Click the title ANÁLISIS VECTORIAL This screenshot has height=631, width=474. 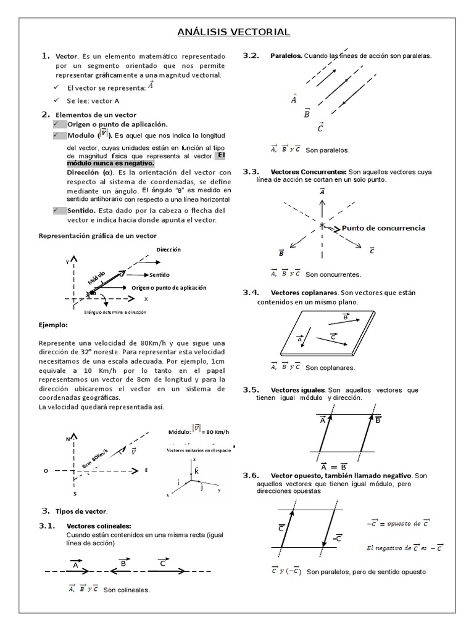(234, 32)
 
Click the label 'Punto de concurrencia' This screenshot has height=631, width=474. (383, 228)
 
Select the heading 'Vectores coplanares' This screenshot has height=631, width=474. (304, 292)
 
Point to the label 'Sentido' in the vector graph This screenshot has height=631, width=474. (159, 275)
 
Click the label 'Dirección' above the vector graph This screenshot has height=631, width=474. (168, 250)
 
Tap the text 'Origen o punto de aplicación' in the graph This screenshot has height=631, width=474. (169, 288)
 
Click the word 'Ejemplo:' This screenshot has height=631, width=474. (54, 324)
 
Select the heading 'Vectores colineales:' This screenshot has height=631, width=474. (99, 526)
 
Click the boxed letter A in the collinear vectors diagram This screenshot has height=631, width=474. (75, 564)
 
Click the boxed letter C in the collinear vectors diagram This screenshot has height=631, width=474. (162, 563)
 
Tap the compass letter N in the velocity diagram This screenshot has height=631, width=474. (68, 439)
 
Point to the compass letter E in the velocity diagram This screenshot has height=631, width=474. (146, 470)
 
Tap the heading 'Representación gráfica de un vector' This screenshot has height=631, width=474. (98, 236)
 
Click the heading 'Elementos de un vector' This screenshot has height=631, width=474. (96, 115)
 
